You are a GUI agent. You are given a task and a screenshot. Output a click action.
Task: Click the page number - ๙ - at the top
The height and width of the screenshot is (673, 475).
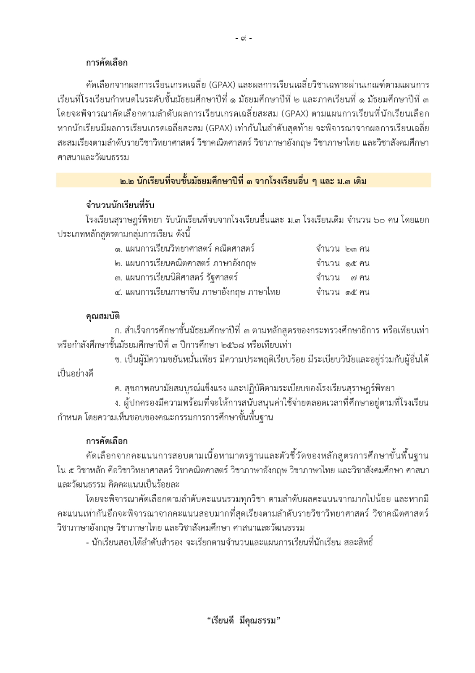[x=244, y=39]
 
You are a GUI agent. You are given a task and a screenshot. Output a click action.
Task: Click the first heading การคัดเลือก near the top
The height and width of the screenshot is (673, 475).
[x=107, y=63]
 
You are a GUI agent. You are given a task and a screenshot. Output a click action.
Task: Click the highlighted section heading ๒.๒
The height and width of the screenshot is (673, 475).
[x=243, y=181]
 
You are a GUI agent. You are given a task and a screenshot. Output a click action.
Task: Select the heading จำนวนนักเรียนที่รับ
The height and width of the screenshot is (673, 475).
[x=120, y=205]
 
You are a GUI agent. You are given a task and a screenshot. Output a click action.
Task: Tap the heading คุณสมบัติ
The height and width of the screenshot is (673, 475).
[x=103, y=316]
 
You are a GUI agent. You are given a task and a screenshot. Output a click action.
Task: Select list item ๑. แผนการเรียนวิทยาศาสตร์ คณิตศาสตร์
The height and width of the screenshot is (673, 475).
[x=185, y=249]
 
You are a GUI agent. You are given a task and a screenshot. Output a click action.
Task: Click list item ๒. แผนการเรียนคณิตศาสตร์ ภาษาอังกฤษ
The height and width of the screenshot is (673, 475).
[x=185, y=263]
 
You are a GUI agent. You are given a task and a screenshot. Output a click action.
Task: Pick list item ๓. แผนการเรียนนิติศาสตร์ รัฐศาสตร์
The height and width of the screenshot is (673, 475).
[x=176, y=278]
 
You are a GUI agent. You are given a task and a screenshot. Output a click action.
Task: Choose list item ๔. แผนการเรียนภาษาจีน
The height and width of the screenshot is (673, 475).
[x=197, y=292]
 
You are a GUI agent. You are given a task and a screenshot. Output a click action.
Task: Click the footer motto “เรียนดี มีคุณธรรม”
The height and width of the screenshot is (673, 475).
[x=243, y=620]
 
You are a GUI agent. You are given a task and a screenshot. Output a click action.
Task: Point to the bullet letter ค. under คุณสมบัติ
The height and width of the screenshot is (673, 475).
[x=118, y=388]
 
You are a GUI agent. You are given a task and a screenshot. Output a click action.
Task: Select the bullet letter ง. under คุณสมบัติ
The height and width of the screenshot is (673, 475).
[x=118, y=403]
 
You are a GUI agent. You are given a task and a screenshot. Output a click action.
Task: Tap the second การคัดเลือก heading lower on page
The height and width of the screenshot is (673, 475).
[x=107, y=441]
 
